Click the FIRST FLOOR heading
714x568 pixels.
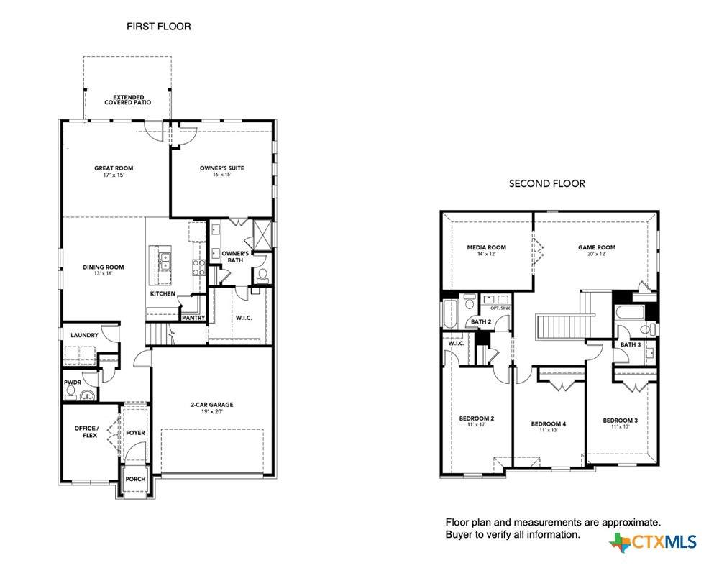[x=158, y=27]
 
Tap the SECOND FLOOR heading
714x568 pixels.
[x=547, y=183]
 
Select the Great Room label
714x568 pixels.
[x=114, y=171]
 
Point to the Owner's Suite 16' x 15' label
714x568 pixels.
[x=221, y=171]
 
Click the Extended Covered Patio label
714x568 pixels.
[x=128, y=100]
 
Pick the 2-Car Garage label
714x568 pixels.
[x=211, y=408]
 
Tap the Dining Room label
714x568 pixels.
[x=104, y=270]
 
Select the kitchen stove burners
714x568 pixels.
[x=199, y=267]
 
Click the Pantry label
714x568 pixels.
[x=193, y=318]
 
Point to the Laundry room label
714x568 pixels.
[x=84, y=335]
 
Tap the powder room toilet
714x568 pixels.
[x=71, y=392]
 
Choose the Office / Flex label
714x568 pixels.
[x=86, y=431]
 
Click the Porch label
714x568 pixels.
[x=136, y=479]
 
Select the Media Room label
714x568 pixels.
[x=486, y=250]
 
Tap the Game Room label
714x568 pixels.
[x=597, y=250]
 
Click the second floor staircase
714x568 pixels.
[x=559, y=326]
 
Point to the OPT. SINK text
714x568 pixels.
[x=500, y=308]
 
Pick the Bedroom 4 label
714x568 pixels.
[x=548, y=426]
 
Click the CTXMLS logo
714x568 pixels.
[x=653, y=542]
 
